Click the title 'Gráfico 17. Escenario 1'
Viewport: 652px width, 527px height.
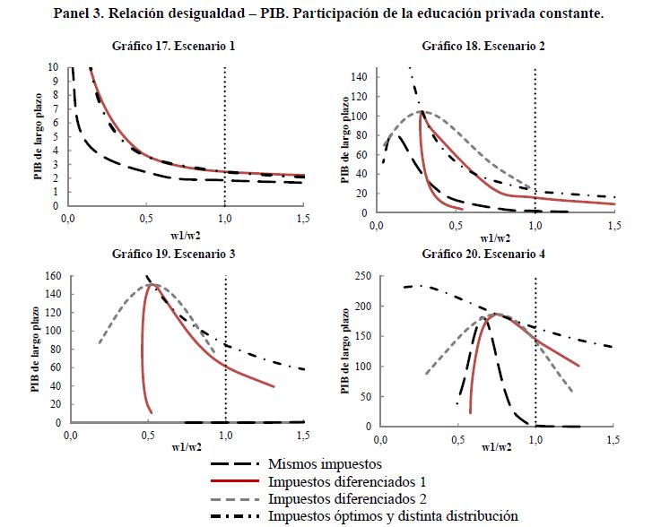174,46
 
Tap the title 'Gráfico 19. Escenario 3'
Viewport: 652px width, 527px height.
175,254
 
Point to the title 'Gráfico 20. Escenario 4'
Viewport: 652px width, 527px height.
483,254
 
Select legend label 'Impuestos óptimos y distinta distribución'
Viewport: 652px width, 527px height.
393,515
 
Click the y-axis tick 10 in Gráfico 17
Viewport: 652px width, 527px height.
54,68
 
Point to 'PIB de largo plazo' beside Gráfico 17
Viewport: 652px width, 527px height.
39,137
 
